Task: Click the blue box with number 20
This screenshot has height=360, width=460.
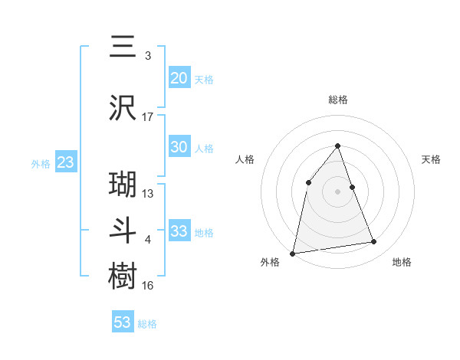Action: point(179,78)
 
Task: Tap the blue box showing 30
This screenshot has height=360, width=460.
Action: point(179,147)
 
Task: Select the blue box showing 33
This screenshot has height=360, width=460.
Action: point(179,231)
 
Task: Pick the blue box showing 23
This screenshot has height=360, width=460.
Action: point(65,162)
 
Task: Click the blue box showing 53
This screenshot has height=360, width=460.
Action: point(123,322)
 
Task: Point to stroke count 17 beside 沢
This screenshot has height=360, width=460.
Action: point(148,117)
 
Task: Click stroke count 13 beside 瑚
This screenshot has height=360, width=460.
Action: point(148,194)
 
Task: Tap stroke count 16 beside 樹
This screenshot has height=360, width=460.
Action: point(148,286)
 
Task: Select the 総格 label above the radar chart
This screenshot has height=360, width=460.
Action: point(337,100)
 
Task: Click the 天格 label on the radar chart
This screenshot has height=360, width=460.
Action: point(432,159)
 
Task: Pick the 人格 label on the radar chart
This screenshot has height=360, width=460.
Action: point(245,159)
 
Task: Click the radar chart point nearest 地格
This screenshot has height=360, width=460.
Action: point(374,242)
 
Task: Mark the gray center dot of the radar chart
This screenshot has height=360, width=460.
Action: point(337,191)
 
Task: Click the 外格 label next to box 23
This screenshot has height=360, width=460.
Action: point(41,163)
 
